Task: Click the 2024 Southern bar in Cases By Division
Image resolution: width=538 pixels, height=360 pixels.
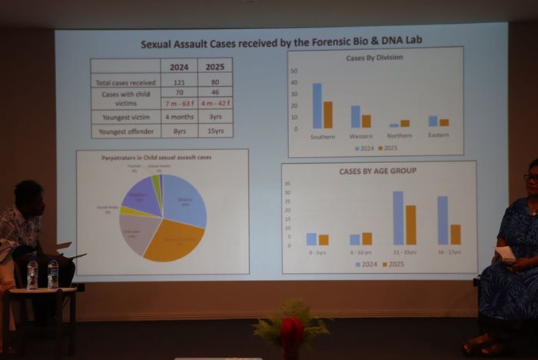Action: point(317,106)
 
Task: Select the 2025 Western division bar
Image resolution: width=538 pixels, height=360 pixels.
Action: point(367,122)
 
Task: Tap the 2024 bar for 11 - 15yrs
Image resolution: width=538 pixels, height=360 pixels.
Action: point(398,218)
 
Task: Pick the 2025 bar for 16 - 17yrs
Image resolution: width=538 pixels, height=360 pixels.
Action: point(456,235)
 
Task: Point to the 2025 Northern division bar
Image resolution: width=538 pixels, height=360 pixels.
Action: point(405,123)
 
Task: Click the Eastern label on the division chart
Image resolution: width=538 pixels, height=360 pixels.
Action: point(438,136)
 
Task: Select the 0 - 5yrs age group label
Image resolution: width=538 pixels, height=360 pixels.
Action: point(317,252)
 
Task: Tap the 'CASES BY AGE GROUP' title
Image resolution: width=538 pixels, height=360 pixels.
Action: point(378,171)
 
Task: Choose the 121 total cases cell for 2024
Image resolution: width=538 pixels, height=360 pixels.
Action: point(179,82)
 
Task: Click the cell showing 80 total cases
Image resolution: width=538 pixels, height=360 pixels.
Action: point(215,82)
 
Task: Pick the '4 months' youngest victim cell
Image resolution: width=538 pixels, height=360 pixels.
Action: point(179,117)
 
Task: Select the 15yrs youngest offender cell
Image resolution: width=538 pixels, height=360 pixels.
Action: point(215,131)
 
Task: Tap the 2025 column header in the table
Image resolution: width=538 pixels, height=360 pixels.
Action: point(215,67)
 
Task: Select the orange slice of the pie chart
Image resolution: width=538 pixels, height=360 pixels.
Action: point(174,241)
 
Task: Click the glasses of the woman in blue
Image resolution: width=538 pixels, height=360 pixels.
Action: point(531,177)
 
